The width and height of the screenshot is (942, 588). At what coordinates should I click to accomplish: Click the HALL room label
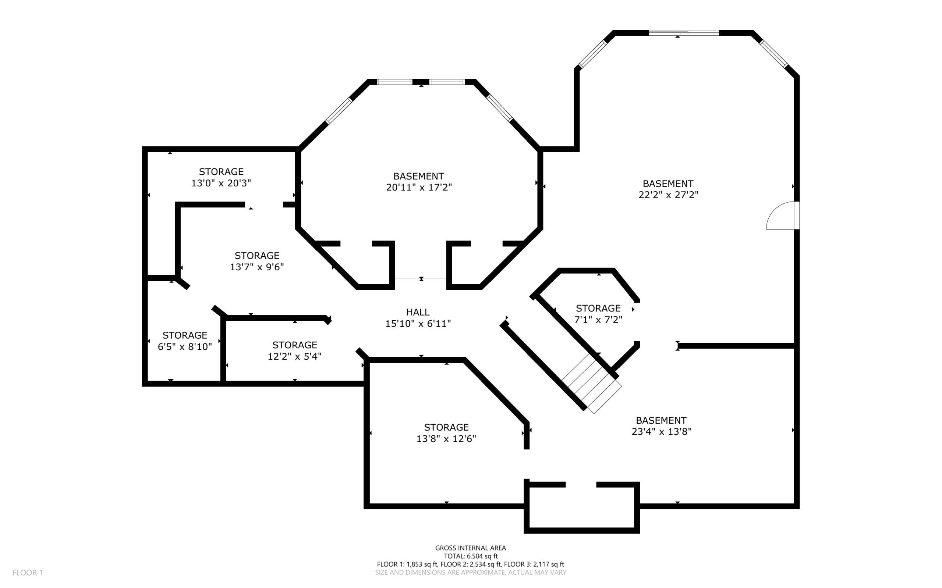pos(418,312)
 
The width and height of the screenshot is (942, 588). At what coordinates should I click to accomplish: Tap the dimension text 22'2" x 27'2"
pos(668,195)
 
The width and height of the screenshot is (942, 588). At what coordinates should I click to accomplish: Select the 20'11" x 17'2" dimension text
pos(419,187)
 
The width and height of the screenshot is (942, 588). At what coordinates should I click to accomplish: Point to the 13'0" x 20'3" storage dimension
pos(221,183)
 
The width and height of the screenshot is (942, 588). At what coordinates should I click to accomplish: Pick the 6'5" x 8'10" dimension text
pos(184,346)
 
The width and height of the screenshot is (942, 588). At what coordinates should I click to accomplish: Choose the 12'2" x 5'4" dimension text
pos(294,356)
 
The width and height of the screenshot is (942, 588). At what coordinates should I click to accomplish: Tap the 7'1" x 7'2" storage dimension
pos(598,319)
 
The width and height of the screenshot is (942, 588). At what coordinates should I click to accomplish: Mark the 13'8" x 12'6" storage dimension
pos(446,438)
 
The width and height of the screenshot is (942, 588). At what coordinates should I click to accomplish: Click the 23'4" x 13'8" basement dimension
pos(661,431)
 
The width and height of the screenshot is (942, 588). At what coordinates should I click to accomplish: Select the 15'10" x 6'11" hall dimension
pos(418,323)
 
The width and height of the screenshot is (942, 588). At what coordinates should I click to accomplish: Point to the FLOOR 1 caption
pos(28,573)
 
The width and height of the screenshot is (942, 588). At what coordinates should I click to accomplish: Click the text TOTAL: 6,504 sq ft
pos(471,556)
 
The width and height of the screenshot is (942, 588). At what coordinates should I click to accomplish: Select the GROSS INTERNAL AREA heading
pos(470,548)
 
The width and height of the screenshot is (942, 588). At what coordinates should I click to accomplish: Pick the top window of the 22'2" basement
pos(684,33)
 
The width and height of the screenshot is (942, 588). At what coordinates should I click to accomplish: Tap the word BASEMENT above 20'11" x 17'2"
pos(418,176)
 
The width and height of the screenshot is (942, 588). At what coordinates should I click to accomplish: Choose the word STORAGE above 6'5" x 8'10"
pos(184,335)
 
